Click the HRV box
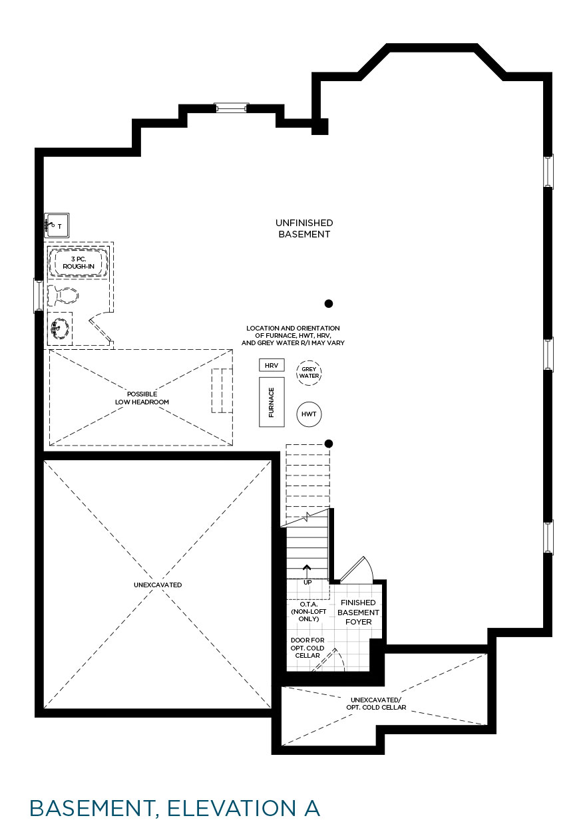pyautogui.click(x=272, y=365)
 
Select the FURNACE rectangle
pyautogui.click(x=272, y=402)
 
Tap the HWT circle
pyautogui.click(x=309, y=414)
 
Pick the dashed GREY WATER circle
pyautogui.click(x=309, y=372)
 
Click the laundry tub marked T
pyautogui.click(x=57, y=225)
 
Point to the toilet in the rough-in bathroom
pyautogui.click(x=63, y=295)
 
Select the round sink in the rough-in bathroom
pyautogui.click(x=60, y=328)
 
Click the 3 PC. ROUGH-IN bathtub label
pyautogui.click(x=79, y=263)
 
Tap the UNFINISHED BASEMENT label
pyautogui.click(x=304, y=228)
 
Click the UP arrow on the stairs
pyautogui.click(x=307, y=572)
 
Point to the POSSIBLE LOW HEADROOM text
pyautogui.click(x=142, y=398)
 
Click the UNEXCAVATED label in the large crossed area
pyautogui.click(x=158, y=585)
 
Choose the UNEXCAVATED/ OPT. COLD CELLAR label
pyautogui.click(x=376, y=704)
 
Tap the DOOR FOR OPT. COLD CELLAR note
pyautogui.click(x=307, y=648)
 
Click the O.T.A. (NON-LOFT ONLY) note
pyautogui.click(x=308, y=611)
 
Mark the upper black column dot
pyautogui.click(x=329, y=304)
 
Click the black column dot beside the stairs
pyautogui.click(x=329, y=444)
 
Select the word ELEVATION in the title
pyautogui.click(x=232, y=808)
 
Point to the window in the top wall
pyautogui.click(x=231, y=108)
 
